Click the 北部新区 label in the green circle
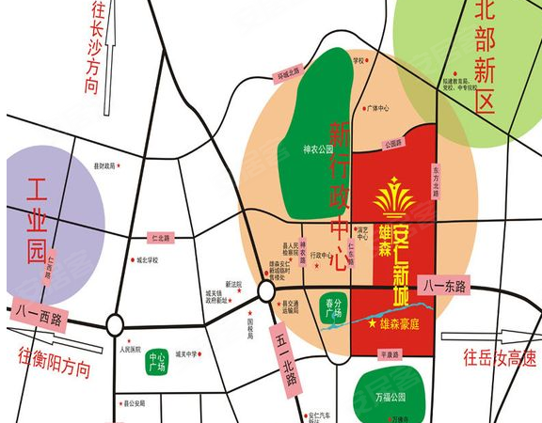pos(485,56)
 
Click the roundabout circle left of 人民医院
pos(115,325)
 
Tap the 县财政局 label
pos(104,166)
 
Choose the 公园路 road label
pos(392,144)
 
